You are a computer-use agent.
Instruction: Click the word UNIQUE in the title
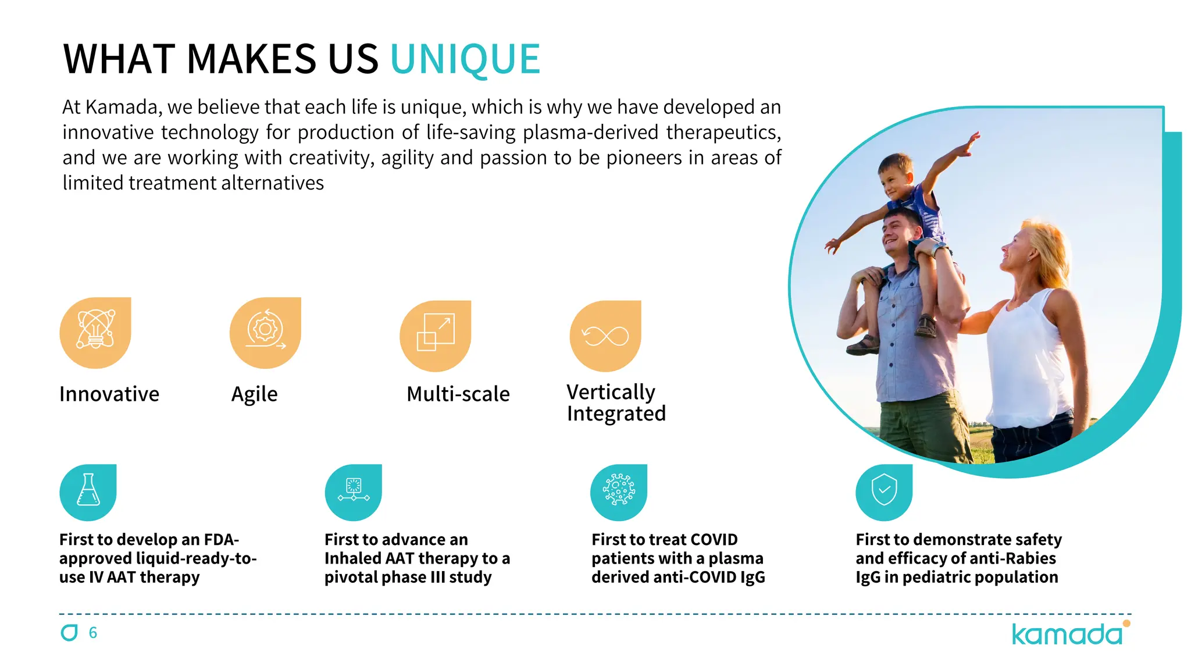click(x=465, y=59)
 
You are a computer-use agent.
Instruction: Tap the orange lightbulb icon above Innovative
click(x=95, y=333)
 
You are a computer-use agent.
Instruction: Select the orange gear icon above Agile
click(x=265, y=333)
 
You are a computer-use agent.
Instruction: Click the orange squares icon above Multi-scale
click(x=436, y=336)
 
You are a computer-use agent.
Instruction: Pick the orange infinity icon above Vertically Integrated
click(x=605, y=336)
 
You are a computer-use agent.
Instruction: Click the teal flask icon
click(x=88, y=492)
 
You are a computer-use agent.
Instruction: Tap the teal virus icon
click(x=619, y=492)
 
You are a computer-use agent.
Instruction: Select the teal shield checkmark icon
click(x=884, y=492)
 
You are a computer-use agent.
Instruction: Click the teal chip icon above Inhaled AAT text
click(x=354, y=492)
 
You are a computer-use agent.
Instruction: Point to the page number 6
click(x=93, y=633)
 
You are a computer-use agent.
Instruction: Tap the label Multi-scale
click(x=458, y=394)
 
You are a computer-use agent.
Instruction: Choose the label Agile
click(x=254, y=394)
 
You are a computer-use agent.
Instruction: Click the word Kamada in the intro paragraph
click(x=122, y=108)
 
